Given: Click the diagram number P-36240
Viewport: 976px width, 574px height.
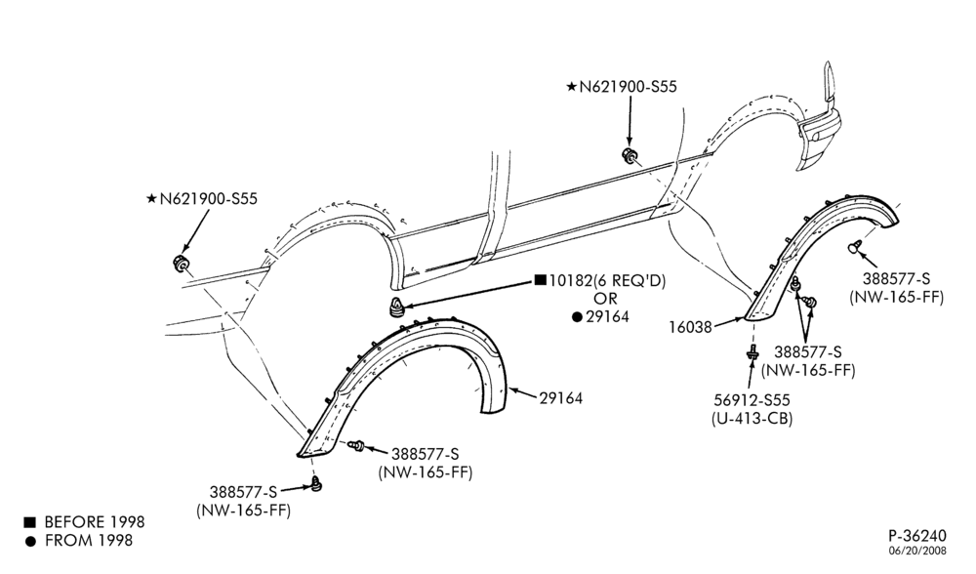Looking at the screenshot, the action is (x=916, y=535).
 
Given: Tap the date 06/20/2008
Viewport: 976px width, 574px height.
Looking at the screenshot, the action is (x=917, y=551).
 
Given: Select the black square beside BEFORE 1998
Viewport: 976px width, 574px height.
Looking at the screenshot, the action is (x=30, y=521).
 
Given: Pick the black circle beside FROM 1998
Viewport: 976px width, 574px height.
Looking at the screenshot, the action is (x=30, y=541).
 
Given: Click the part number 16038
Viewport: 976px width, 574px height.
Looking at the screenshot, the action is (x=690, y=327).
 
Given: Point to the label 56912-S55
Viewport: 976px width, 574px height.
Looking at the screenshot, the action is (x=752, y=400).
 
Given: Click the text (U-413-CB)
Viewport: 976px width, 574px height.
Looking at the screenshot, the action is (x=752, y=419).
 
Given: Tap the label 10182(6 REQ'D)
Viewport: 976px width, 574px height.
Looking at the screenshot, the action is (x=607, y=281).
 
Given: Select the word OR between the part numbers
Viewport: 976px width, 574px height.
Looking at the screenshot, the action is (x=605, y=299).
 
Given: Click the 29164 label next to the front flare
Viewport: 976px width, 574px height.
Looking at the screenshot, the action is (x=561, y=398).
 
